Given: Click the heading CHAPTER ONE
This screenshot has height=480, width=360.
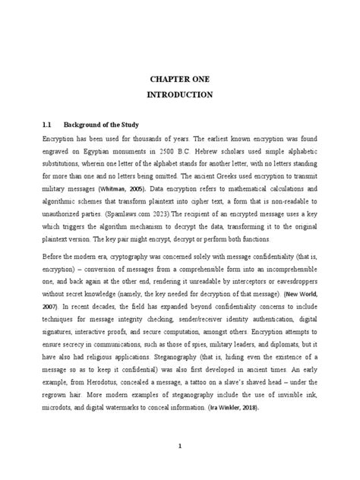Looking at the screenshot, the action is [x=179, y=80].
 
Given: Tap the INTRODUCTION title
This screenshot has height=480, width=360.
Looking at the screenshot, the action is [x=179, y=96].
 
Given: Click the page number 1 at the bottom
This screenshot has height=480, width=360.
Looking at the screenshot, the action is [x=179, y=446].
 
